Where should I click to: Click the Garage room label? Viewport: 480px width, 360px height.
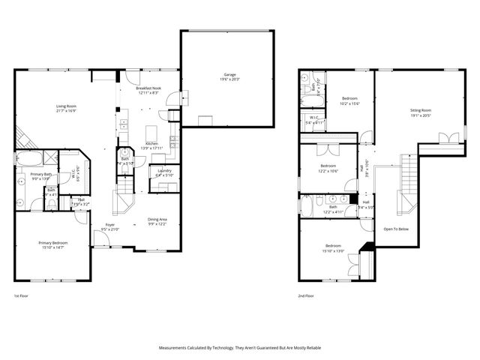tap(229, 74)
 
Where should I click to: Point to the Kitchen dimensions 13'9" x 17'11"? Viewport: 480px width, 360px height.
tap(151, 148)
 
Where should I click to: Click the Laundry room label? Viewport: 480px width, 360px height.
tap(163, 171)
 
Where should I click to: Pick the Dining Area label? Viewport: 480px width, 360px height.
tap(157, 219)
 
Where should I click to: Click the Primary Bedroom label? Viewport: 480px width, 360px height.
tap(53, 243)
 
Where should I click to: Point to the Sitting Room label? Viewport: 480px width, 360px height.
tap(420, 110)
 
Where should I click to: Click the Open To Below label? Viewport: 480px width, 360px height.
tap(395, 228)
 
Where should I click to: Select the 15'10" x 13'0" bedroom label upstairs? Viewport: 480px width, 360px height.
tap(334, 246)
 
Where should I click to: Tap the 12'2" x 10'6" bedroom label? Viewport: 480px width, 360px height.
tap(328, 166)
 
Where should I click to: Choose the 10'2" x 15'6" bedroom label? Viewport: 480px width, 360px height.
tap(349, 98)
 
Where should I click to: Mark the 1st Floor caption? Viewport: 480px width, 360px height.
tap(22, 296)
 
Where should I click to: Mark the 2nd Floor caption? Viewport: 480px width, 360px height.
tap(305, 296)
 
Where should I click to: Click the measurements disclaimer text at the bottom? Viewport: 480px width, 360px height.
tap(240, 348)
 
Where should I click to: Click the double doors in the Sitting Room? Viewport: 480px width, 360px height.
tap(448, 138)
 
